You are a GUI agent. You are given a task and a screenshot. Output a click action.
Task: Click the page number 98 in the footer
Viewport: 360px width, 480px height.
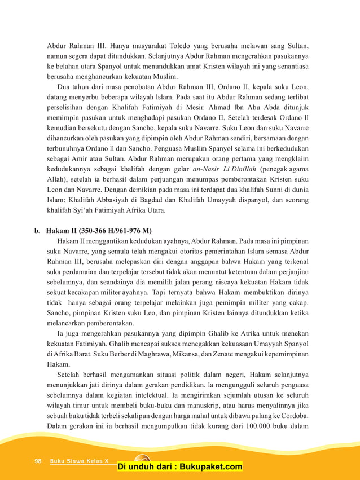coord(38,461)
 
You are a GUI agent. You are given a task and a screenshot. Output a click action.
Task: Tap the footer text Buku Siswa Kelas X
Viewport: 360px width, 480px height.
coord(79,461)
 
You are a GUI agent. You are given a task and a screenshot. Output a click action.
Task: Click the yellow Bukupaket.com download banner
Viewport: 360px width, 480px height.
coord(180,466)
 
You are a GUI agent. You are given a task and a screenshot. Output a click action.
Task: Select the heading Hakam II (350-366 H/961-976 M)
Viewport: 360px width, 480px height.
coord(95,230)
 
